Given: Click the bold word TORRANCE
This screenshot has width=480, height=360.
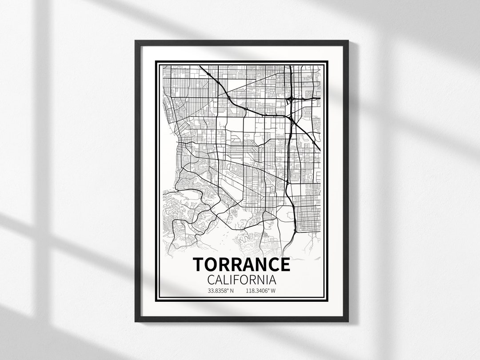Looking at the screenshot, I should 241,264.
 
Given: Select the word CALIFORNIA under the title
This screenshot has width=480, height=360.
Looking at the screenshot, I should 241,280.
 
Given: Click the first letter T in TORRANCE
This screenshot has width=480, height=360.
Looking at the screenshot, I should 198,264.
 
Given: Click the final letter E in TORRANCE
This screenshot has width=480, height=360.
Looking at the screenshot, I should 284,264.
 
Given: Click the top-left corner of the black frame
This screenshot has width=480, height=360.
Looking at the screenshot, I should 136,41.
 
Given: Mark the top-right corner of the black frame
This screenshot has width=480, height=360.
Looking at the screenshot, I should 348,41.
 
